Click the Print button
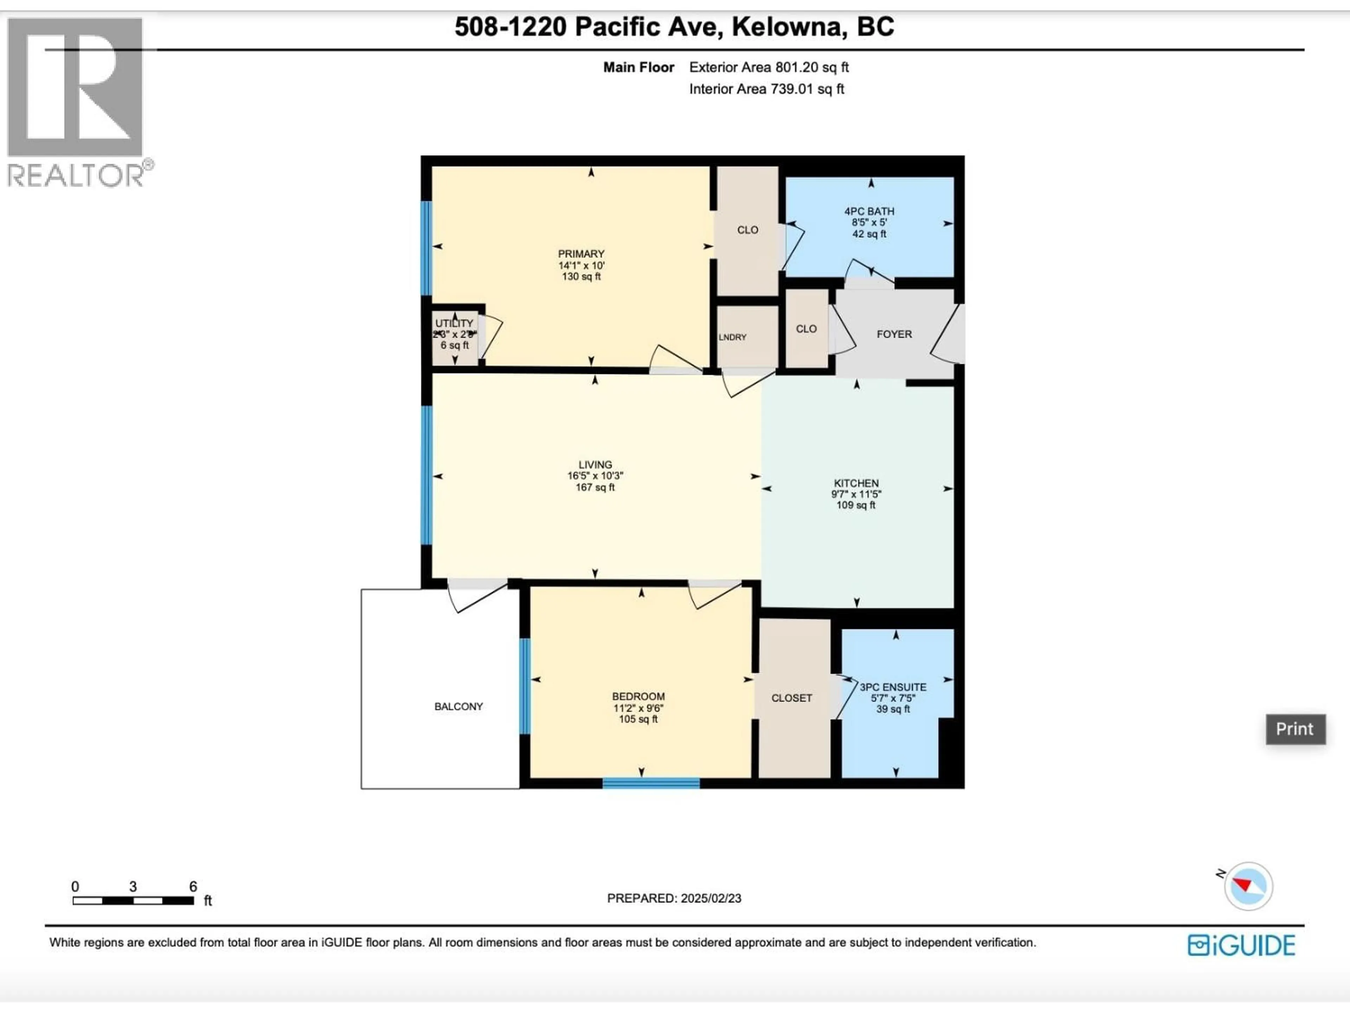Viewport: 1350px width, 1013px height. click(x=1295, y=729)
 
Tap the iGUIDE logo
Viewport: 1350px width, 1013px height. click(x=1241, y=945)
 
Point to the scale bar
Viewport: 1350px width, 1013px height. click(x=133, y=900)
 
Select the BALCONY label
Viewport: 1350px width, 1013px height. click(x=458, y=707)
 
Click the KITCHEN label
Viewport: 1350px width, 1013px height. click(x=856, y=483)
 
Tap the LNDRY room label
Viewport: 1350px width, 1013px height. click(x=732, y=337)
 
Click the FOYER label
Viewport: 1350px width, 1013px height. click(x=894, y=334)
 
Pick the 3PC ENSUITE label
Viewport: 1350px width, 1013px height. click(x=893, y=687)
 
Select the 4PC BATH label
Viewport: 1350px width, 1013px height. click(x=869, y=211)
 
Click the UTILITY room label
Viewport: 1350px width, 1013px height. click(x=454, y=323)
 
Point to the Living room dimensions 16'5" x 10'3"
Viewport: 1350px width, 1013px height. click(x=595, y=476)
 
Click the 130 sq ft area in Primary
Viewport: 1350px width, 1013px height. click(x=581, y=276)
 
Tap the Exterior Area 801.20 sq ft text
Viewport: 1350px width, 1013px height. click(x=769, y=67)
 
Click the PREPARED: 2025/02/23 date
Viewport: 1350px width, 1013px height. click(x=674, y=898)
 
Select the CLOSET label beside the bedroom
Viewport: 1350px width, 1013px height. click(x=792, y=698)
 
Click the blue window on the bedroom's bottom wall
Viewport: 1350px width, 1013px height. click(x=651, y=783)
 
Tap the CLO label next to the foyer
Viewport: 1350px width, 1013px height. click(x=806, y=329)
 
